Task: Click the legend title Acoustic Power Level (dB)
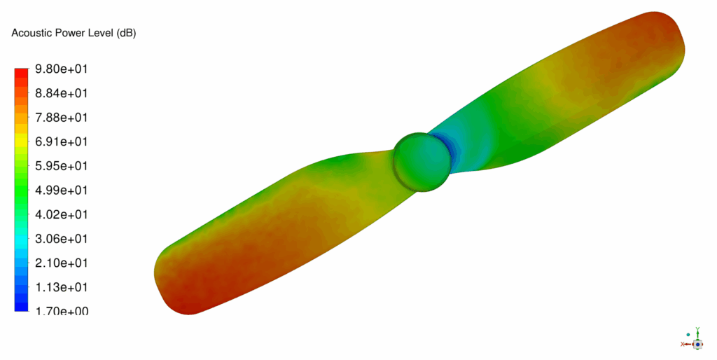tap(74, 34)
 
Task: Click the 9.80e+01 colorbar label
tap(62, 69)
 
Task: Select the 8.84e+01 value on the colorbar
tap(62, 93)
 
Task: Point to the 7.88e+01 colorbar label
tap(62, 117)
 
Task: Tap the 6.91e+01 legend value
tap(62, 141)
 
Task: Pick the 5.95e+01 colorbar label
tap(62, 166)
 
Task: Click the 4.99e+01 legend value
tap(62, 190)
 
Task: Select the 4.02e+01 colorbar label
tap(62, 214)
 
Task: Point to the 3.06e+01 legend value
tap(62, 239)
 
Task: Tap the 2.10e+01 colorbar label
tap(62, 263)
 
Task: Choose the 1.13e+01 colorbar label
tap(62, 287)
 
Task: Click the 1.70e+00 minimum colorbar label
tap(62, 311)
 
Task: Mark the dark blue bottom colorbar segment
tap(22, 305)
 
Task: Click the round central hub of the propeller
tap(422, 161)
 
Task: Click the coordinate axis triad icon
tap(696, 341)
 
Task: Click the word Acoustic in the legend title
tap(29, 34)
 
